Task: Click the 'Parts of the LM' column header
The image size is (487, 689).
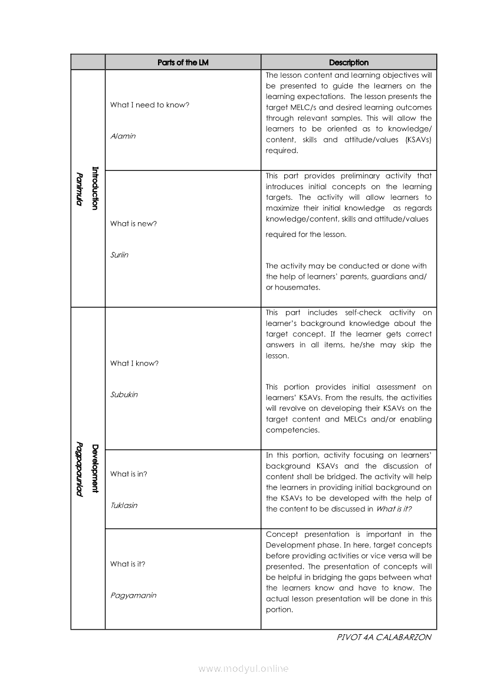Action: pyautogui.click(x=183, y=62)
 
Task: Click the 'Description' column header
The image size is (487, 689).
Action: pyautogui.click(x=348, y=62)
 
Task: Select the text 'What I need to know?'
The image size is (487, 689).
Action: pyautogui.click(x=150, y=105)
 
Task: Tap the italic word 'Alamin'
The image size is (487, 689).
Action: pyautogui.click(x=123, y=136)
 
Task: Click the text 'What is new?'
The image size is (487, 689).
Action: pyautogui.click(x=133, y=224)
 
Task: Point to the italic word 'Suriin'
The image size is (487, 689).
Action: pyautogui.click(x=119, y=255)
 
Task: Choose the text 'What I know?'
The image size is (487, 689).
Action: pyautogui.click(x=134, y=364)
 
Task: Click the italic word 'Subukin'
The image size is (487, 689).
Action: pyautogui.click(x=124, y=395)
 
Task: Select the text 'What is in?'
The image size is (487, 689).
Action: pyautogui.click(x=129, y=474)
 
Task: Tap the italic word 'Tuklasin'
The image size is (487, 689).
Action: pyautogui.click(x=124, y=506)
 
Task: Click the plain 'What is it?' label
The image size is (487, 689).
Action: pyautogui.click(x=128, y=564)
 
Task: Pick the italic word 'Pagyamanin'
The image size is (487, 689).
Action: pyautogui.click(x=133, y=595)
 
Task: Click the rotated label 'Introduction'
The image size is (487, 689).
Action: pyautogui.click(x=95, y=188)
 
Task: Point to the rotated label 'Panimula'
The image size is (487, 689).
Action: pyautogui.click(x=79, y=189)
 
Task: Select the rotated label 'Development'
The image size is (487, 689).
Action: pyautogui.click(x=95, y=469)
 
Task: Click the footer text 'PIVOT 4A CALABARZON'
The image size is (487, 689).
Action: pyautogui.click(x=384, y=637)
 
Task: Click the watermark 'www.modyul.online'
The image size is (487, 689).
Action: pyautogui.click(x=244, y=669)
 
